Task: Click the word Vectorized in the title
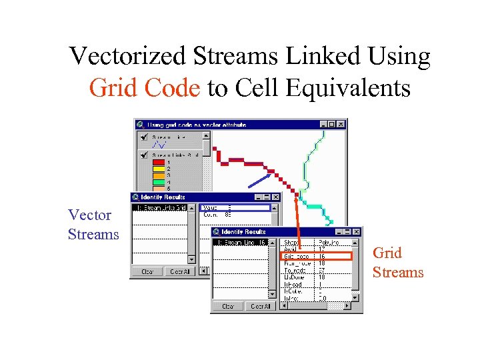(x=128, y=56)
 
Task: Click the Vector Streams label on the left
(x=93, y=225)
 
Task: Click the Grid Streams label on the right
(x=397, y=263)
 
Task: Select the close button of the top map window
(x=341, y=124)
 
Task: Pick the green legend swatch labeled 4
(x=159, y=181)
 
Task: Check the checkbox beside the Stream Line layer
(x=142, y=137)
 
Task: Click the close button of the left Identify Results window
(x=275, y=197)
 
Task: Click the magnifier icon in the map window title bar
(x=140, y=125)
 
